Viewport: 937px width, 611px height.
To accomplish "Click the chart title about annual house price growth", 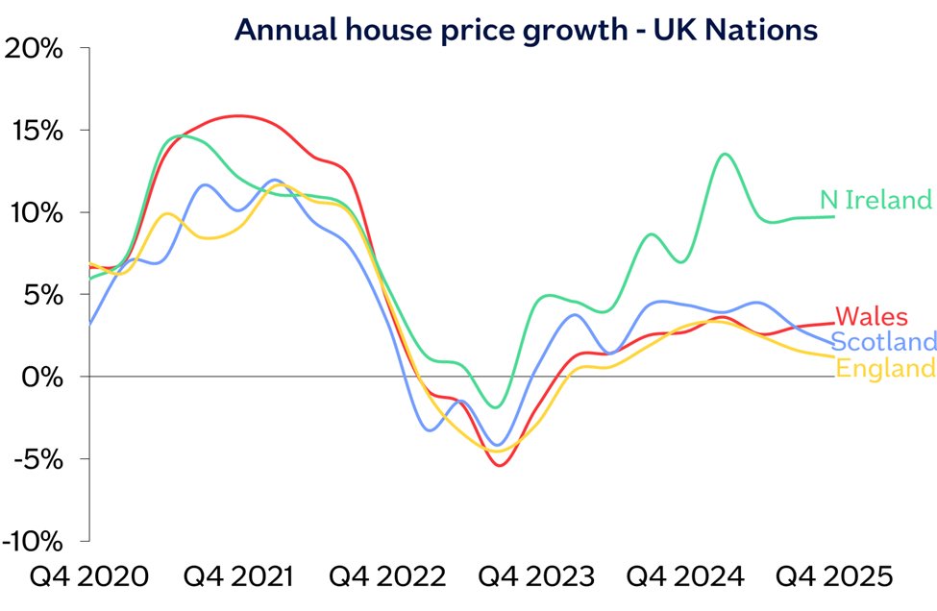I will [x=526, y=30].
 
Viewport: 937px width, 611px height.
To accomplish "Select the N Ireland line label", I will [x=875, y=200].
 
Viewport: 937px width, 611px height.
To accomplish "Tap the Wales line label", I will [x=872, y=316].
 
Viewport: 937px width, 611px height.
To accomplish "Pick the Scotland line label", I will [x=883, y=342].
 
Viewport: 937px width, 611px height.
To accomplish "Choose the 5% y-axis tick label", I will [x=44, y=295].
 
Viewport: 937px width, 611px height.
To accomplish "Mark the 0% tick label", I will [x=44, y=377].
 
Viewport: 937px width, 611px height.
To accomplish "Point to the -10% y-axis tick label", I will [x=35, y=541].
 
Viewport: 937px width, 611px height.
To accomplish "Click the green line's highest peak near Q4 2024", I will [x=725, y=154].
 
